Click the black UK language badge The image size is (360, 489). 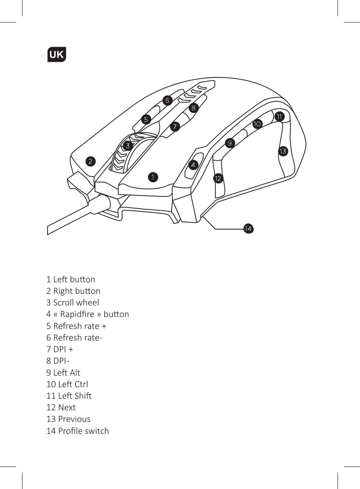click(x=56, y=55)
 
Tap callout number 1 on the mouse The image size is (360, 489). click(x=153, y=177)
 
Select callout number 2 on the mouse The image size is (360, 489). click(x=90, y=161)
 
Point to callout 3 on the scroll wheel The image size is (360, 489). click(x=128, y=146)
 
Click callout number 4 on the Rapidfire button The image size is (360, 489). click(x=193, y=165)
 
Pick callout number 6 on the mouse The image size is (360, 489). click(x=167, y=101)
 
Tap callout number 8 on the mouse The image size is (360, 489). click(x=193, y=108)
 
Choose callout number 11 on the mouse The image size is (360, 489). click(x=279, y=116)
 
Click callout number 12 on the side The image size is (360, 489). click(x=218, y=178)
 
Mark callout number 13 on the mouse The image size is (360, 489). click(x=283, y=152)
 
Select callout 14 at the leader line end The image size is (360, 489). click(x=248, y=229)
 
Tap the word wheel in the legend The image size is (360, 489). click(x=88, y=303)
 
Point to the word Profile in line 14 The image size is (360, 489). click(x=70, y=431)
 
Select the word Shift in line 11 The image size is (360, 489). click(x=83, y=396)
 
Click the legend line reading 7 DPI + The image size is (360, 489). click(x=59, y=349)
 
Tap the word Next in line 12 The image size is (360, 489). click(x=67, y=408)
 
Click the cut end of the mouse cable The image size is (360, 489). click(x=48, y=230)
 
